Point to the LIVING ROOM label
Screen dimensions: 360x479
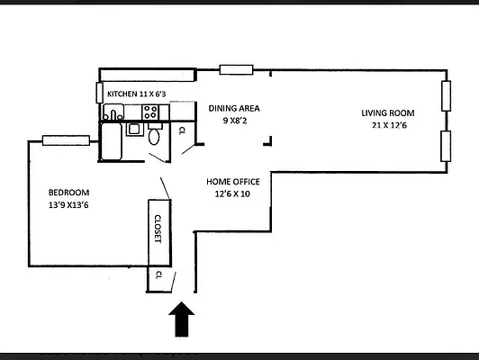click(x=387, y=112)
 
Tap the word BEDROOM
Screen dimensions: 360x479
click(x=68, y=193)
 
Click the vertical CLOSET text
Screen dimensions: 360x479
click(x=157, y=229)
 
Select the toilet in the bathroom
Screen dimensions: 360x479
click(x=154, y=137)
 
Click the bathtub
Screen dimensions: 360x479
click(x=112, y=141)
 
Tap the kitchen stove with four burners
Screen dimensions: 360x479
click(x=150, y=112)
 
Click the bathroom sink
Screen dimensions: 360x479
click(x=133, y=129)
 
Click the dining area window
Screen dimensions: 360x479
click(x=236, y=69)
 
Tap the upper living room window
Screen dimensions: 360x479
click(x=445, y=95)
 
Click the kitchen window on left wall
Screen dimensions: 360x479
click(x=98, y=93)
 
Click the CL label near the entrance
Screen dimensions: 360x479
click(x=158, y=274)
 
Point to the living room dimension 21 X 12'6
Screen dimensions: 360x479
click(x=388, y=125)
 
